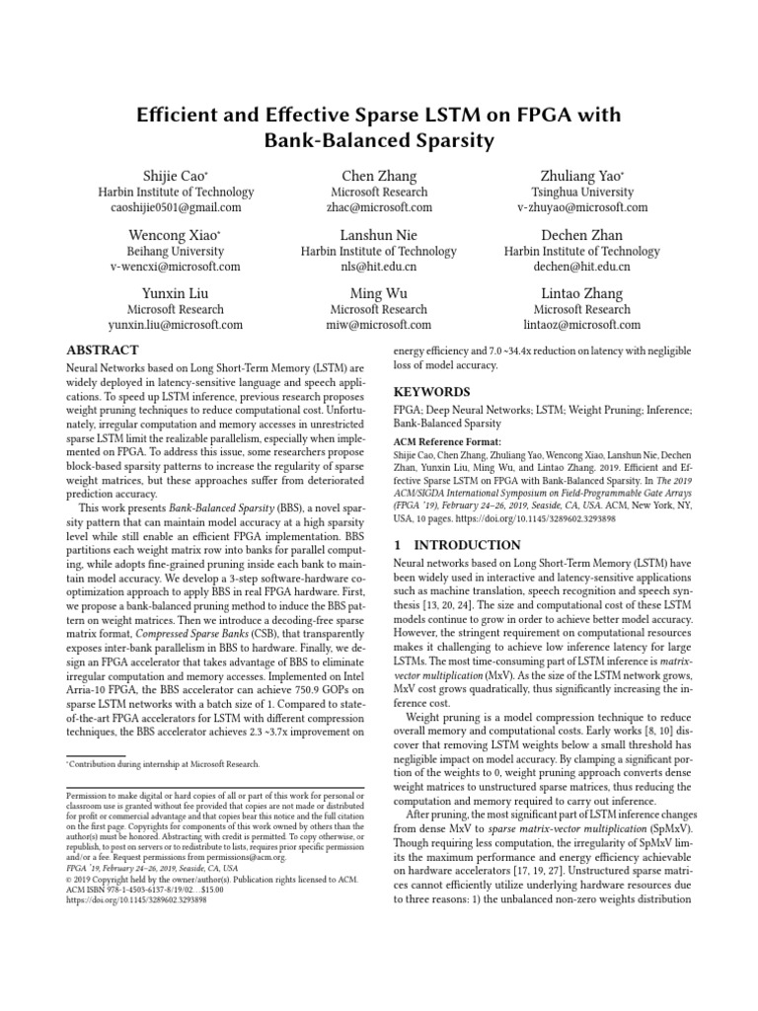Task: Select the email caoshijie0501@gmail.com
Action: pyautogui.click(x=176, y=208)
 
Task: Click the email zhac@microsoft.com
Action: pyautogui.click(x=379, y=208)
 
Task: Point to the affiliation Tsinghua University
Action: pyautogui.click(x=581, y=192)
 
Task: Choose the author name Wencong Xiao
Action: pyautogui.click(x=175, y=234)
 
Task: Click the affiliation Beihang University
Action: pyautogui.click(x=176, y=251)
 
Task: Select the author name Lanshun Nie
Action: pyautogui.click(x=379, y=234)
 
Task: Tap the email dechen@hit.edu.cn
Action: pyautogui.click(x=581, y=267)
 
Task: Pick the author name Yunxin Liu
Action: pyautogui.click(x=176, y=292)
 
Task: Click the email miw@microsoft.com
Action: pyautogui.click(x=379, y=325)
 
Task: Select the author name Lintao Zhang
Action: pyautogui.click(x=581, y=292)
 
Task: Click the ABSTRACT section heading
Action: pyautogui.click(x=103, y=350)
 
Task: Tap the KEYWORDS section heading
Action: pyautogui.click(x=430, y=392)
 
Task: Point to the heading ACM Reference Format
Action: pyautogui.click(x=447, y=441)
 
